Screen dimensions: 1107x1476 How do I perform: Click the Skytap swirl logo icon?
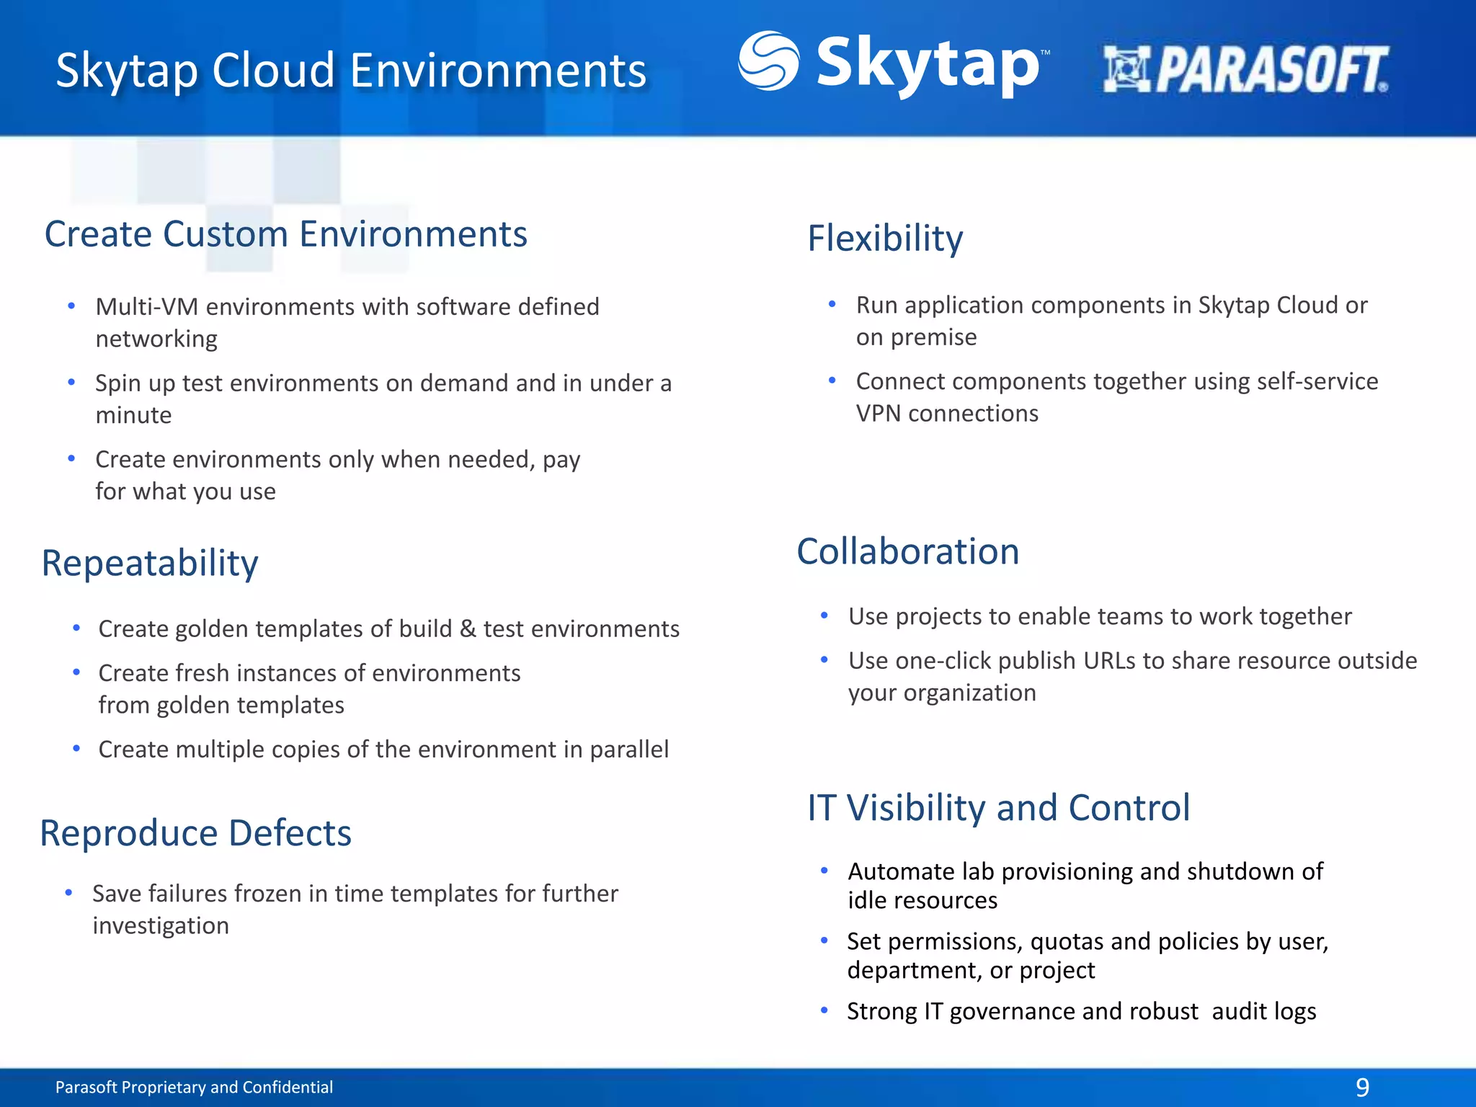[768, 61]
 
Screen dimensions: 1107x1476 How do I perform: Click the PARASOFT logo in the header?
[1245, 70]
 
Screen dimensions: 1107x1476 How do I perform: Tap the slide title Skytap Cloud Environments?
[351, 71]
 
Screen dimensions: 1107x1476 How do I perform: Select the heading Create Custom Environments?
[285, 234]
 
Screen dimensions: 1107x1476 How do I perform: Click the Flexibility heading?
[884, 239]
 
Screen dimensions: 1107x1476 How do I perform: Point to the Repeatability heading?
[150, 563]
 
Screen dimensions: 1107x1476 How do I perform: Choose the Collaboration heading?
[907, 551]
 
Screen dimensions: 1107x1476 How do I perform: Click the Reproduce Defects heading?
[195, 833]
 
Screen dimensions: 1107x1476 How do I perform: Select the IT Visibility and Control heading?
[998, 807]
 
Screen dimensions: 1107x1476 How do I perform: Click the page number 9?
[1361, 1087]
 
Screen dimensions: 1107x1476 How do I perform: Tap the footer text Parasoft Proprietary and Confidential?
[194, 1087]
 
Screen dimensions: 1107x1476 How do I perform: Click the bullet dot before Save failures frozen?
[68, 893]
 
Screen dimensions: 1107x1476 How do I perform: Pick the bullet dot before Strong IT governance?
[824, 1010]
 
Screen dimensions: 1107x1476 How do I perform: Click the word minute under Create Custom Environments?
[133, 415]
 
